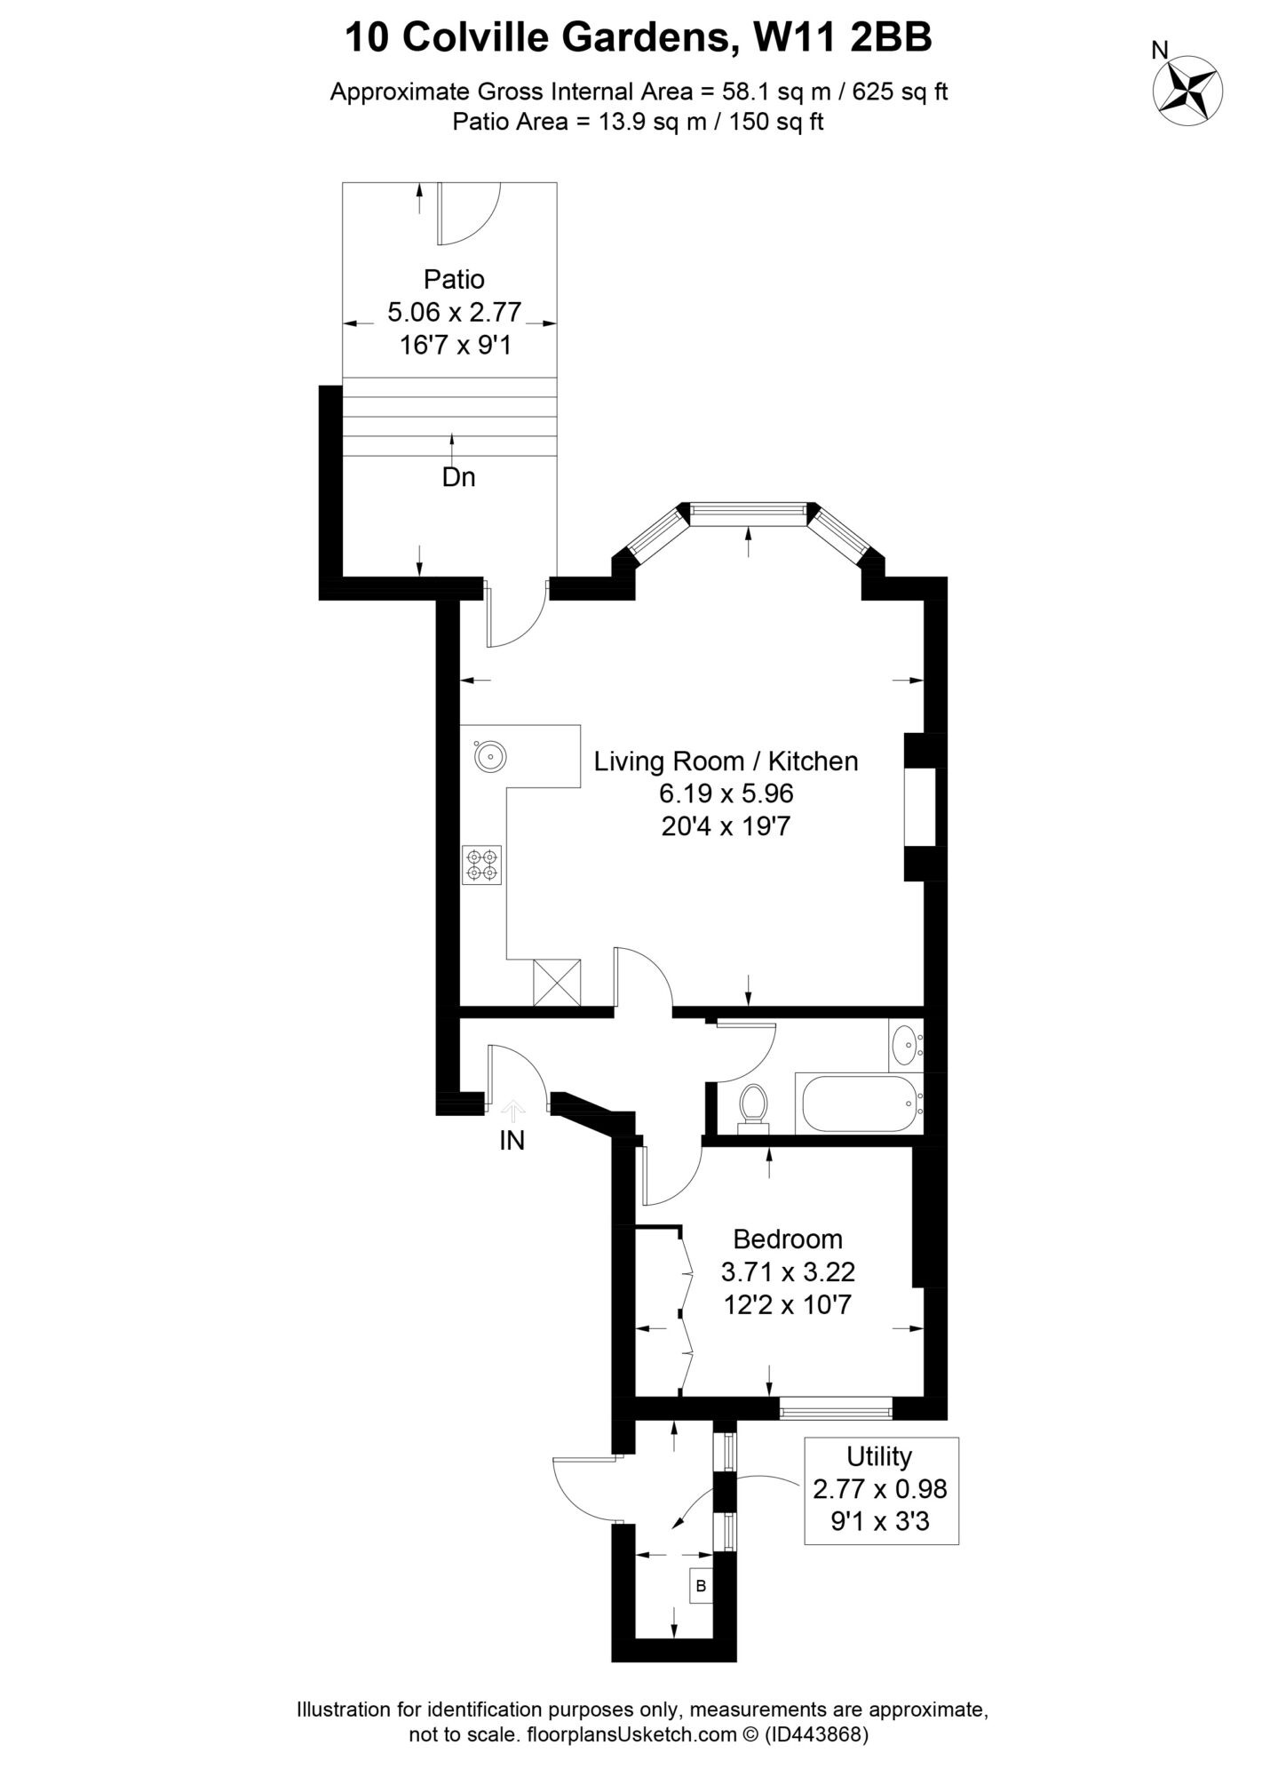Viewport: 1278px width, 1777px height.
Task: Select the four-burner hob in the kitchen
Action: click(x=481, y=865)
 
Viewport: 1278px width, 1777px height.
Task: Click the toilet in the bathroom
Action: click(x=754, y=1106)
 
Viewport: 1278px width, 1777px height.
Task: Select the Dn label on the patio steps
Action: click(x=458, y=478)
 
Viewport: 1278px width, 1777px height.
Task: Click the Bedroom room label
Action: click(x=788, y=1239)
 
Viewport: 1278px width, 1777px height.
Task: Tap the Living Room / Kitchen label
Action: click(x=726, y=761)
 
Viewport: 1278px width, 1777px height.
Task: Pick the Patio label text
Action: click(x=454, y=279)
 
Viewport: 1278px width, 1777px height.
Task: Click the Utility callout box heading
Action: click(x=879, y=1456)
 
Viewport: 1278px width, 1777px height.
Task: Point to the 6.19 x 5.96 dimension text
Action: click(x=726, y=793)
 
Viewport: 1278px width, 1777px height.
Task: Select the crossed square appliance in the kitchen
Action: click(x=557, y=983)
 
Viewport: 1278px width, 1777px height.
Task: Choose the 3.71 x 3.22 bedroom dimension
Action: click(x=788, y=1272)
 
